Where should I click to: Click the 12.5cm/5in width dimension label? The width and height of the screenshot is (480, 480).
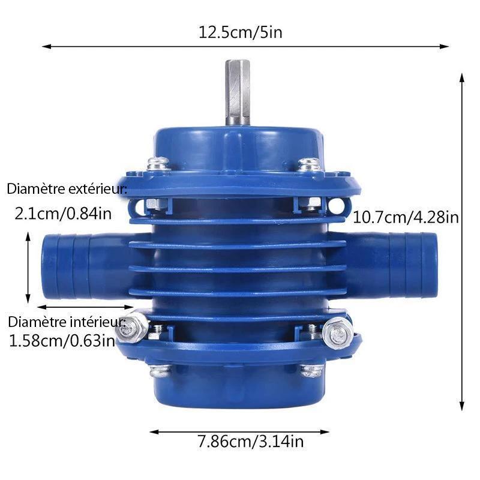tap(241, 32)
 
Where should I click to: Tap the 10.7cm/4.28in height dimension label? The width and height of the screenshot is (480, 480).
tap(406, 218)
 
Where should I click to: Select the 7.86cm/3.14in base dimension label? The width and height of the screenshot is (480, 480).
tap(250, 442)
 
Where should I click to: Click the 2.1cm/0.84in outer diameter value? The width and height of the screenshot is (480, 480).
tap(63, 214)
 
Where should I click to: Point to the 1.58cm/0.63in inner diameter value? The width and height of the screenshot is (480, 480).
tap(62, 341)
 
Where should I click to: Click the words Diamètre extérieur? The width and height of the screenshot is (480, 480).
tap(67, 189)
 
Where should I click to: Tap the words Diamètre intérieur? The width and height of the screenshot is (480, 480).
tap(67, 322)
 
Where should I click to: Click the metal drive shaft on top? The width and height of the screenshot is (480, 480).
tap(238, 92)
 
